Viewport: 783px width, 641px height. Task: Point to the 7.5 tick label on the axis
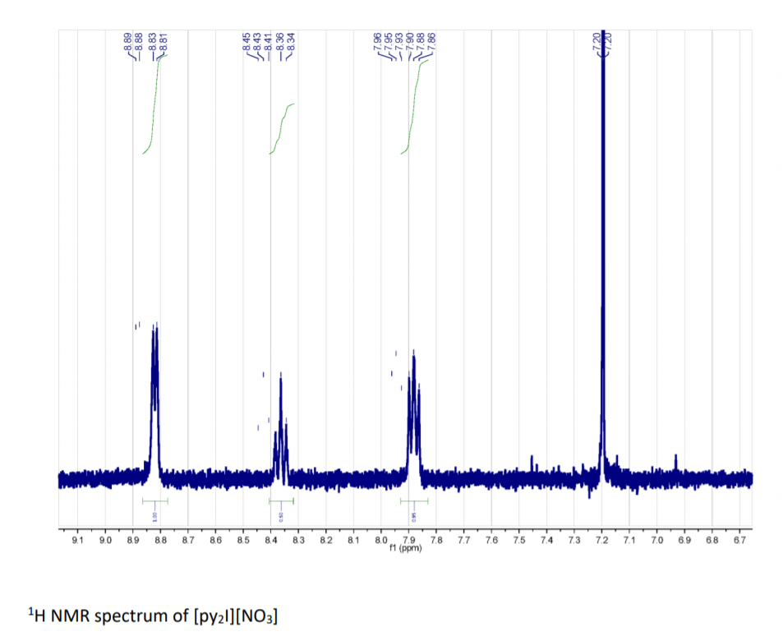point(518,541)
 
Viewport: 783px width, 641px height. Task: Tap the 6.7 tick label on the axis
point(739,541)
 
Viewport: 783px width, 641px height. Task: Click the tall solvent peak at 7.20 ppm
point(603,247)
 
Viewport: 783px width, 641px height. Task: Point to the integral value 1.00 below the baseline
point(154,517)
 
